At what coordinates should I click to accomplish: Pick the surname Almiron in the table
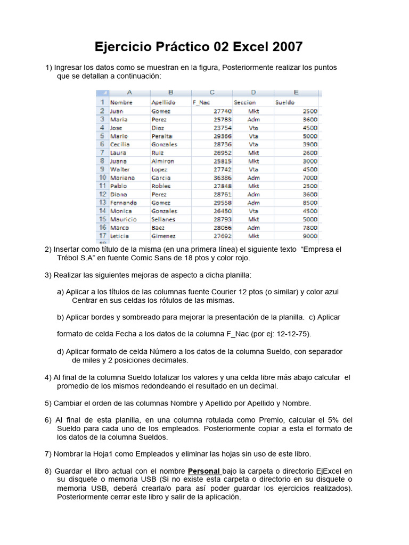click(x=162, y=161)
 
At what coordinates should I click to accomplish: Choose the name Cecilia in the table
click(x=120, y=144)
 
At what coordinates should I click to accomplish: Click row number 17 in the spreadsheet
click(x=101, y=236)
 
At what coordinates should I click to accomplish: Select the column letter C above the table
click(x=212, y=92)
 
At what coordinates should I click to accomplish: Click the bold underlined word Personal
click(x=204, y=472)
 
